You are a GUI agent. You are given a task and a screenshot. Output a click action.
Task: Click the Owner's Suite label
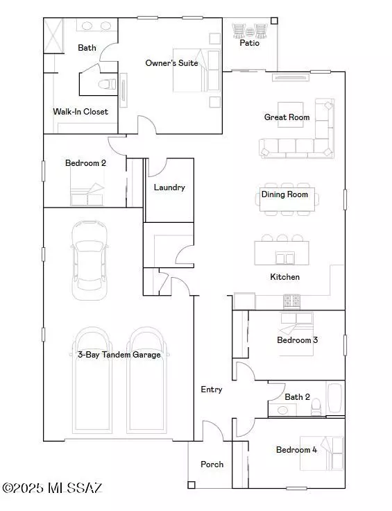[x=171, y=63]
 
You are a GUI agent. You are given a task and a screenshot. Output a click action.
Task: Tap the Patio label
[x=250, y=42]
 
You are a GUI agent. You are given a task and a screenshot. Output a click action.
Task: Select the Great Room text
[x=287, y=117]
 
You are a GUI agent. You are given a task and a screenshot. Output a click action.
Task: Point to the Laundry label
[x=169, y=187]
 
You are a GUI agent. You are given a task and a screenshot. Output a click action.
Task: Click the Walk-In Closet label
[x=80, y=112]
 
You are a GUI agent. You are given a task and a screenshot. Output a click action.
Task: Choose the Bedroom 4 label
[x=296, y=450]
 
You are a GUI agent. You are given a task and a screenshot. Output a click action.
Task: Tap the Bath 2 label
[x=297, y=397]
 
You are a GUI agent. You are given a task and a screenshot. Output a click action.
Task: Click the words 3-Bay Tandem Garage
[x=119, y=355]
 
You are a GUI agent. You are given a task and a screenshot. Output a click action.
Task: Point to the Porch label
[x=212, y=464]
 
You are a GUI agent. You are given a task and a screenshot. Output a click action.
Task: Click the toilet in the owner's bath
[x=107, y=84]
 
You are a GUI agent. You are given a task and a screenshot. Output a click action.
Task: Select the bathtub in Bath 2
[x=335, y=398]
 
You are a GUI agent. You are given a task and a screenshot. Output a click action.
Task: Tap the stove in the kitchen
[x=291, y=301]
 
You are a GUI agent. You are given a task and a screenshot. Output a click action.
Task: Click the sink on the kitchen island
[x=285, y=258]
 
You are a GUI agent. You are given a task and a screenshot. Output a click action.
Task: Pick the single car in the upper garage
[x=90, y=260]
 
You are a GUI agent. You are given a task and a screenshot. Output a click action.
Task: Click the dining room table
[x=287, y=199]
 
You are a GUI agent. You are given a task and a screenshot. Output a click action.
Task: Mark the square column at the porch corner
[x=191, y=485]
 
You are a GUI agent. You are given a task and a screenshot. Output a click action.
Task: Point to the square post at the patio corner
[x=274, y=22]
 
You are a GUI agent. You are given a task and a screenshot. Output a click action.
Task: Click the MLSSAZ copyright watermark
[x=53, y=488]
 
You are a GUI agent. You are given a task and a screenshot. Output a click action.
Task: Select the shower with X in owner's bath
[x=53, y=35]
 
